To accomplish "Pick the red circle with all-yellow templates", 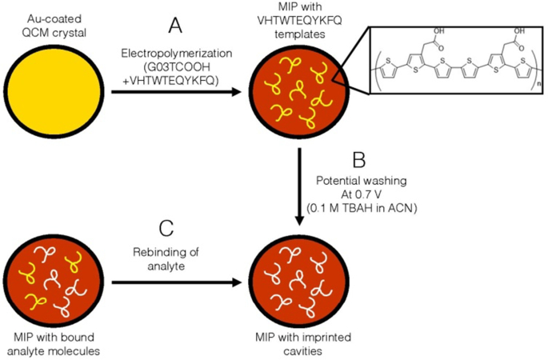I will (293, 93).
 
